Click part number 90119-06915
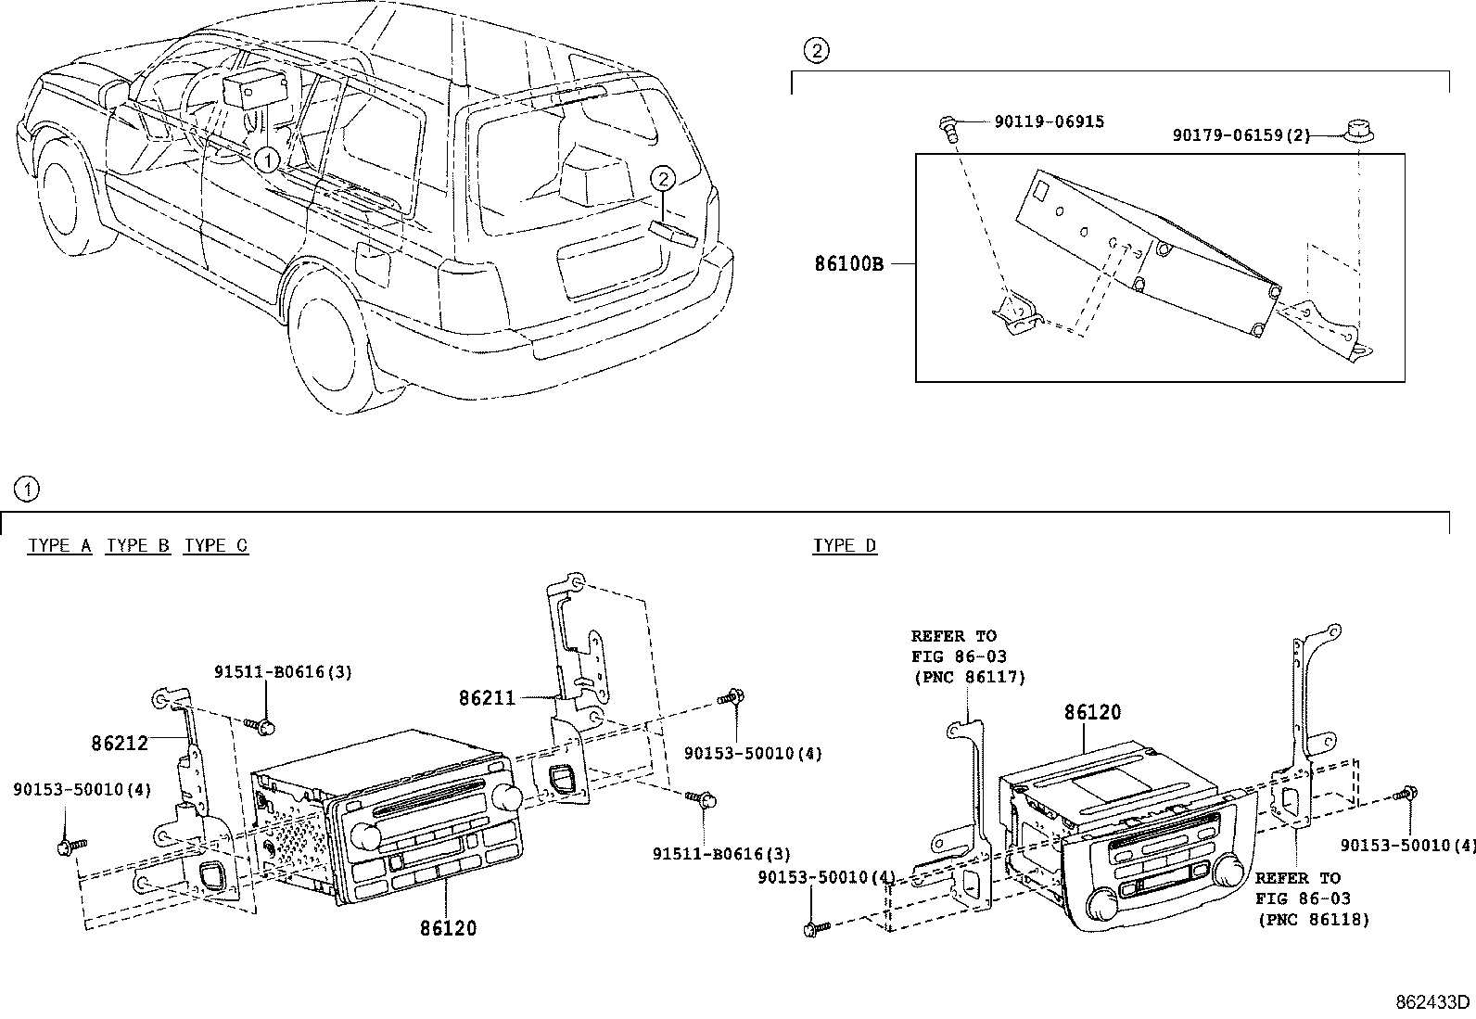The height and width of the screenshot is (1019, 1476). [x=1049, y=121]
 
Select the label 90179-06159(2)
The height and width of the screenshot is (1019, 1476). [x=1241, y=135]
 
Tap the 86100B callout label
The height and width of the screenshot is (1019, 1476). [x=848, y=263]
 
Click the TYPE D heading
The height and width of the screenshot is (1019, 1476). [x=845, y=545]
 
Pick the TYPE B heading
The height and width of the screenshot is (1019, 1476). [x=138, y=545]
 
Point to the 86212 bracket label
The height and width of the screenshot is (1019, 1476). [x=120, y=743]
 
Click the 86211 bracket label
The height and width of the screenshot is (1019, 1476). [x=487, y=696]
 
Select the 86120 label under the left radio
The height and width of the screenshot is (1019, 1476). [x=448, y=927]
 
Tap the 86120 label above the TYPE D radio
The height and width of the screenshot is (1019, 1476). [x=1092, y=712]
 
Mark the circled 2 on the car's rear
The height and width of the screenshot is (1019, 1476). [x=662, y=178]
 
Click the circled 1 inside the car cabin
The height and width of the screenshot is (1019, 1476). [x=266, y=160]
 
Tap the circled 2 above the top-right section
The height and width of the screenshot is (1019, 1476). [x=815, y=52]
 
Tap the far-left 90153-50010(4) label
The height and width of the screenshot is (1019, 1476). [x=82, y=790]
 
